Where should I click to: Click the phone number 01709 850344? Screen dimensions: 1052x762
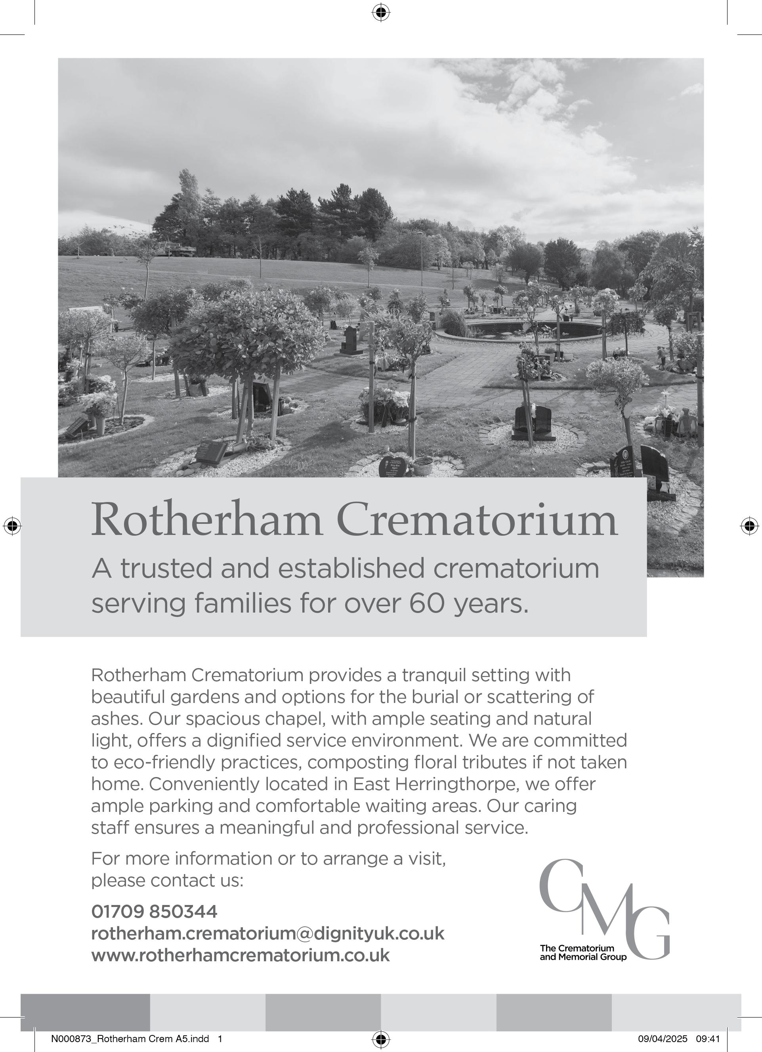pyautogui.click(x=154, y=911)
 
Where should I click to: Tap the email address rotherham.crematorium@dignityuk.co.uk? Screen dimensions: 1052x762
pyautogui.click(x=267, y=933)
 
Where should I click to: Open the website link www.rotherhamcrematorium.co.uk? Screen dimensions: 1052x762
pyautogui.click(x=240, y=955)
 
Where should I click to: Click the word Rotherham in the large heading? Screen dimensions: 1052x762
pyautogui.click(x=206, y=519)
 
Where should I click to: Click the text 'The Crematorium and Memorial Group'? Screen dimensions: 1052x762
pyautogui.click(x=582, y=953)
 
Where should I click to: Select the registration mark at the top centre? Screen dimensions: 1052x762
pyautogui.click(x=380, y=13)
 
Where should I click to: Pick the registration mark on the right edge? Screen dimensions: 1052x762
pyautogui.click(x=749, y=525)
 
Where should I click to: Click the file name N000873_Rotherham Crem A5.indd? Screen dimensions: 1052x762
pyautogui.click(x=130, y=1039)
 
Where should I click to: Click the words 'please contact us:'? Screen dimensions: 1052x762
pyautogui.click(x=167, y=880)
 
